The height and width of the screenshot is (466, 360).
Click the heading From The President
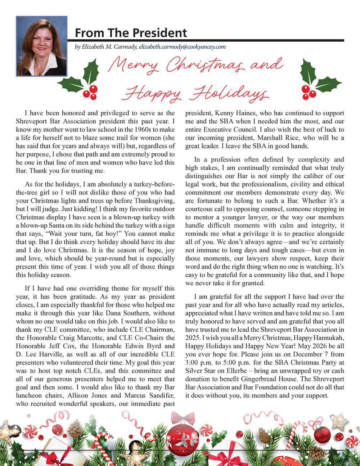131,33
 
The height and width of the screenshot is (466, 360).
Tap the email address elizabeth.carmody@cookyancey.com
182,47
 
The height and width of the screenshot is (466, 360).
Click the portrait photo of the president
42,46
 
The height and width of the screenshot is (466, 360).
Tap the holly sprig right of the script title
317,80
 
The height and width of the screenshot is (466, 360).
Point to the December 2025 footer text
32,453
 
